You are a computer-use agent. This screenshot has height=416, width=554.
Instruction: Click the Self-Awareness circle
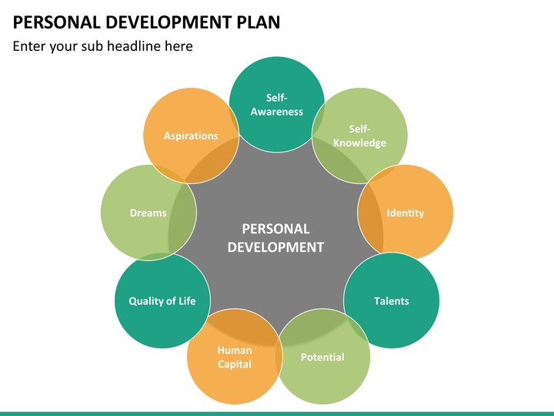pos(277,104)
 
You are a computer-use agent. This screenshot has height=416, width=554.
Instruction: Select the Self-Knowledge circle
pos(359,136)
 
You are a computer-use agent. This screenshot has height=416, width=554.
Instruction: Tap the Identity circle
pos(405,213)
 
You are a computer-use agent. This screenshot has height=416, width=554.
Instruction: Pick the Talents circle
pos(392,300)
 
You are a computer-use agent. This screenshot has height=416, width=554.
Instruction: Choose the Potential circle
pos(322,357)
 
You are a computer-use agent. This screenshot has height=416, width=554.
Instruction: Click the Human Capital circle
pos(235,357)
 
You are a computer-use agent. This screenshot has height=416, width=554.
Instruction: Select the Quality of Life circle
pos(162,300)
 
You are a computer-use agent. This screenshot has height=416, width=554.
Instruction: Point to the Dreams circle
pos(149,213)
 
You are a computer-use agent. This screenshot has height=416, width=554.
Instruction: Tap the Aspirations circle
pos(191,136)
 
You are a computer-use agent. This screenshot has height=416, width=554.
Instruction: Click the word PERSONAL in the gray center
pos(275,229)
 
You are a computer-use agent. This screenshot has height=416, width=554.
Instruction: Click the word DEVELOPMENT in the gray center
pos(275,247)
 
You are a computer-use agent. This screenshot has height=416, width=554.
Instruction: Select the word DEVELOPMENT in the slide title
pos(169,22)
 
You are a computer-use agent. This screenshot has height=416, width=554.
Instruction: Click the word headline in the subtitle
pos(134,46)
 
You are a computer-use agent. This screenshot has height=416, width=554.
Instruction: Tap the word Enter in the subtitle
pos(29,46)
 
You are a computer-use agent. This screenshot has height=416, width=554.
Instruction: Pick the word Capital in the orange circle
pos(235,364)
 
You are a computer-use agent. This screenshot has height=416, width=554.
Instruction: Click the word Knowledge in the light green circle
pos(359,143)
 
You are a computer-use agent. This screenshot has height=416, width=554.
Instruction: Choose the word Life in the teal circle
pos(187,300)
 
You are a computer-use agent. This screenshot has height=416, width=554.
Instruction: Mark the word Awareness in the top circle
pos(277,112)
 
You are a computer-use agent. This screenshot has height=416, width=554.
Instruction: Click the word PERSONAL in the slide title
pos(57,22)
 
